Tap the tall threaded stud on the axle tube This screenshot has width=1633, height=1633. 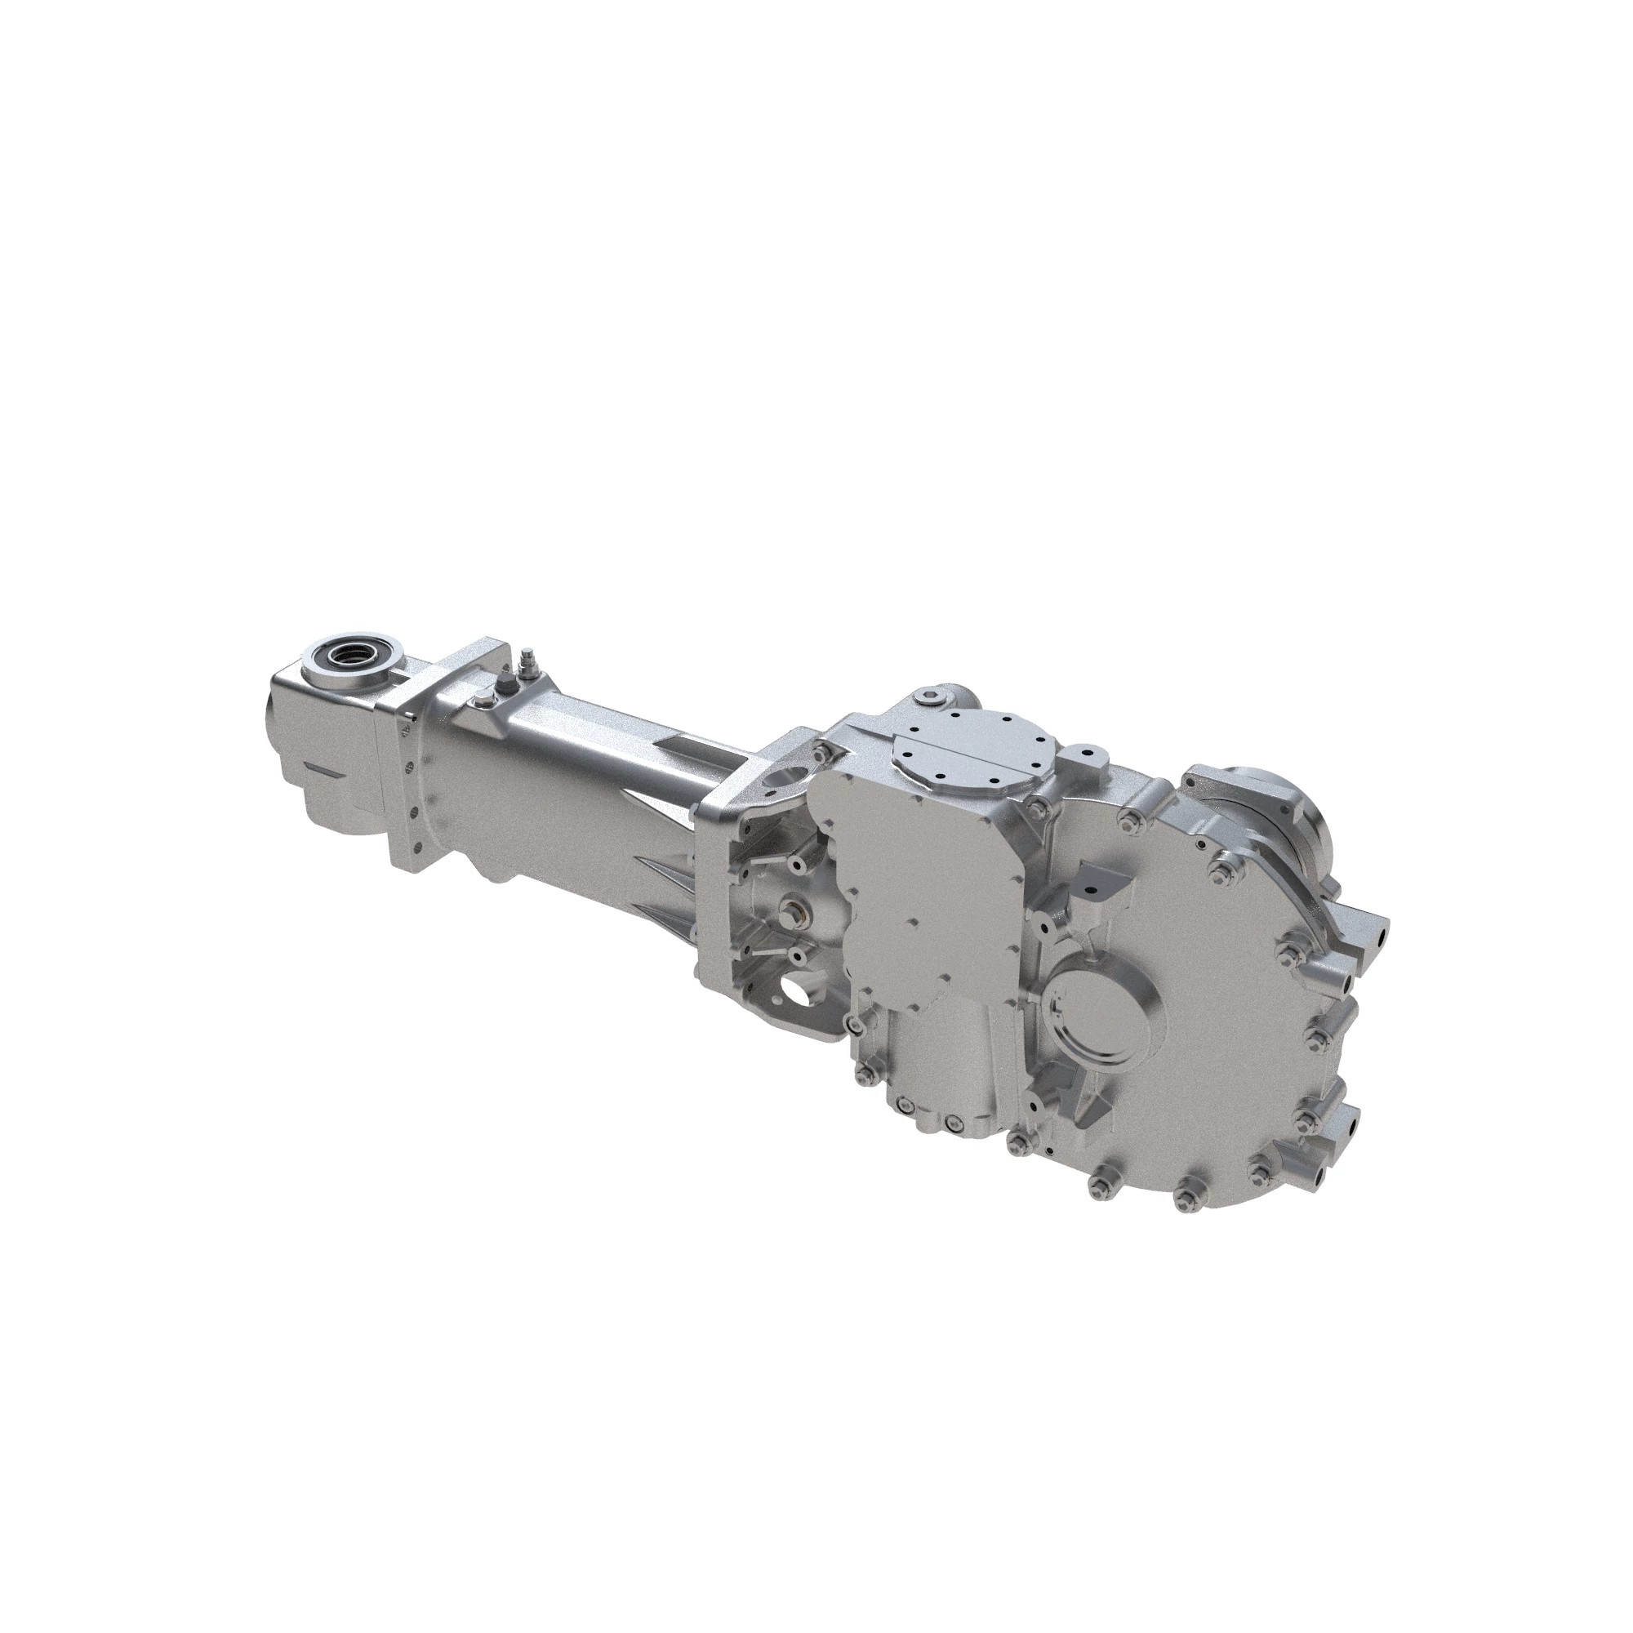pos(528,661)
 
